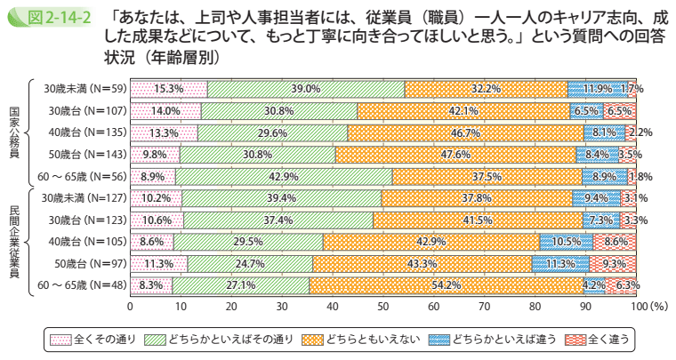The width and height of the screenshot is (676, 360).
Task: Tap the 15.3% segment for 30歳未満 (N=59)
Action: point(169,89)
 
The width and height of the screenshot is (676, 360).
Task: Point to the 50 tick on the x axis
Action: point(383,306)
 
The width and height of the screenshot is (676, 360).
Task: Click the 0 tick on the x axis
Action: point(131,306)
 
